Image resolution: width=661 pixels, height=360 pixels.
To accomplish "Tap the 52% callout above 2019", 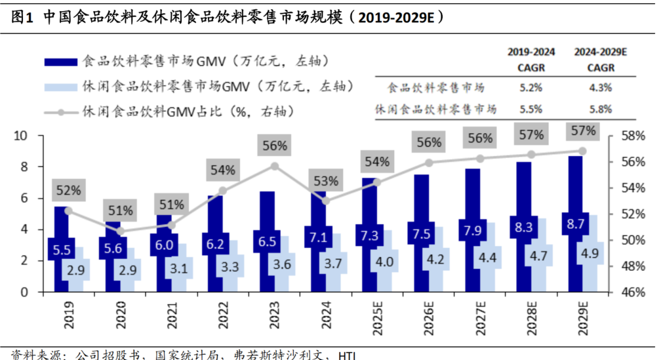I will (68, 191).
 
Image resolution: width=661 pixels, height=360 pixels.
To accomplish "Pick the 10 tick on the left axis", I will (22, 136).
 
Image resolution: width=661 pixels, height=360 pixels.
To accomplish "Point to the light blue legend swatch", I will (62, 87).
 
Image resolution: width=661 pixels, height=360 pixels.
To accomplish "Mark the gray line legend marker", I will (62, 112).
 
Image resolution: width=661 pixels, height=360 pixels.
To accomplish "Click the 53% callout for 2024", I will (325, 181).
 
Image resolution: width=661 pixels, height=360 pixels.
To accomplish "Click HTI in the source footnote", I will (347, 355).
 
